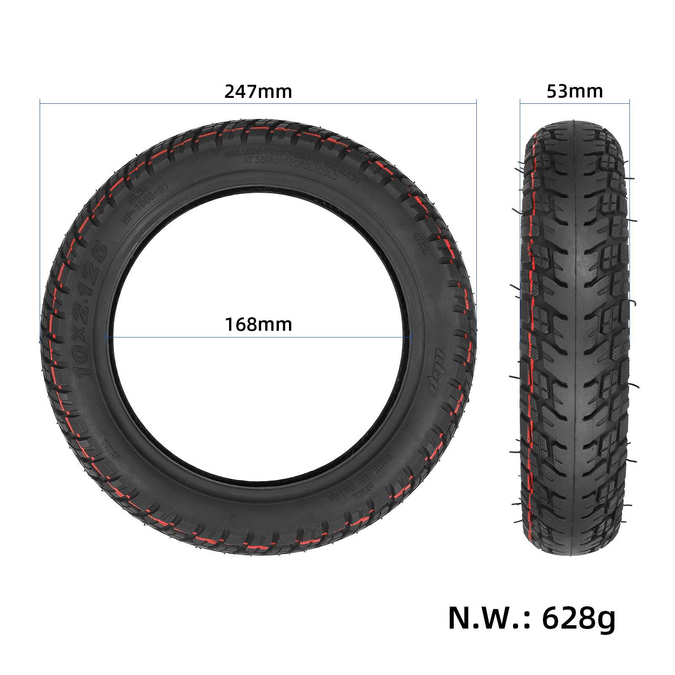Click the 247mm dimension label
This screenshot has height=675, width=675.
[258, 92]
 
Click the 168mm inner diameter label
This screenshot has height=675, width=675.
[258, 325]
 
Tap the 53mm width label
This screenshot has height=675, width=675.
[575, 92]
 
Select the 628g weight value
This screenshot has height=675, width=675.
[578, 618]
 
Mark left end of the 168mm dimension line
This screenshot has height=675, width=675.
[108, 337]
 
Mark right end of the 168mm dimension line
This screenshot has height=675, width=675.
[410, 337]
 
